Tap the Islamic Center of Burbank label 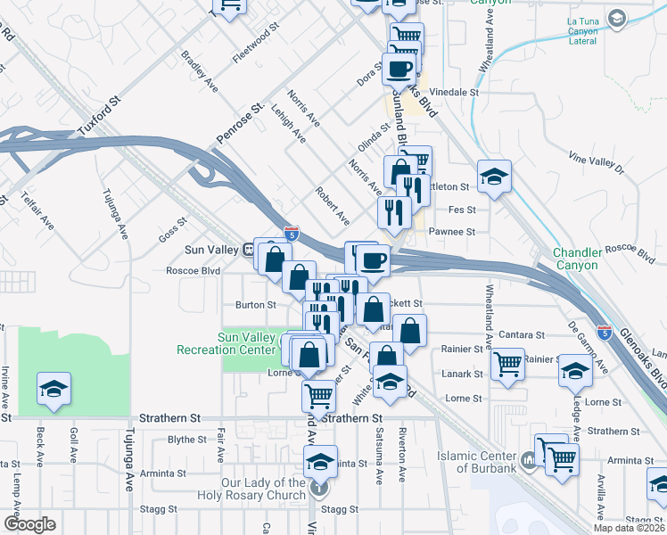[477, 462]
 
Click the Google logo [29, 524]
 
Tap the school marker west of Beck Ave [54, 389]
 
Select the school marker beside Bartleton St [493, 176]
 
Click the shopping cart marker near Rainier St [507, 363]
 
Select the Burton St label [256, 305]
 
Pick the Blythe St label [187, 440]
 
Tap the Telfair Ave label [38, 210]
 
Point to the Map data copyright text [630, 528]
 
